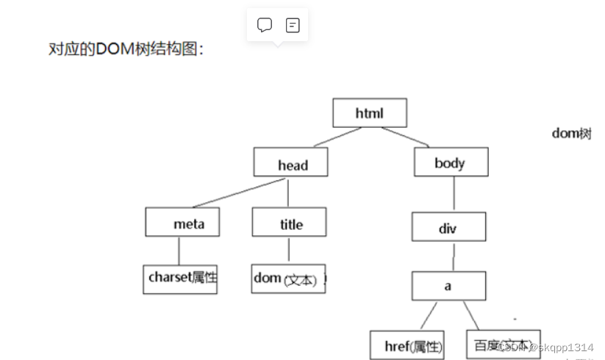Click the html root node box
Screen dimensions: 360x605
coord(369,113)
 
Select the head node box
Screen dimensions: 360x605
coord(291,163)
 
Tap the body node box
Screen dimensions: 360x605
coord(450,162)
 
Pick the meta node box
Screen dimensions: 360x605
coord(183,223)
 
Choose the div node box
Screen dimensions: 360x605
coord(448,227)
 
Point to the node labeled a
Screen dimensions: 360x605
coord(448,286)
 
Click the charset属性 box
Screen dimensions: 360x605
coord(180,278)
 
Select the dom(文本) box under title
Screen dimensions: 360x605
coord(288,278)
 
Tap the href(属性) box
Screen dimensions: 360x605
coord(407,345)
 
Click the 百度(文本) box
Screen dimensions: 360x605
coord(503,344)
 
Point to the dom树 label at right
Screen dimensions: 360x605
coord(571,134)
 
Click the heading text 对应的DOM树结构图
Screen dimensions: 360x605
coord(126,49)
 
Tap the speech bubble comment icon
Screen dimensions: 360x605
coord(265,25)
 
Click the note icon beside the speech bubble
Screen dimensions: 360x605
coord(293,25)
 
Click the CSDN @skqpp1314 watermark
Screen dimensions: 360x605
coord(544,347)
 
